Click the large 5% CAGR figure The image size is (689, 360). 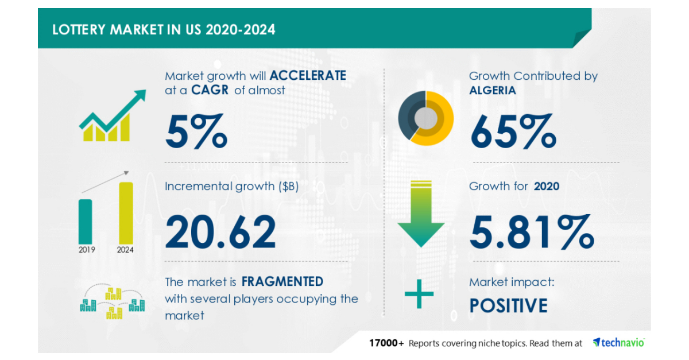[x=196, y=131]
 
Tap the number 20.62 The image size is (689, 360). [x=221, y=231]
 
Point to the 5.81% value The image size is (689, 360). [x=532, y=231]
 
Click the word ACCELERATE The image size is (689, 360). [x=308, y=75]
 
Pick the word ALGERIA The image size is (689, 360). [x=493, y=90]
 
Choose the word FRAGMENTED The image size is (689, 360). [x=282, y=281]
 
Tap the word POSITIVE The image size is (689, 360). [x=509, y=305]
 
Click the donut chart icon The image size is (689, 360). [x=426, y=118]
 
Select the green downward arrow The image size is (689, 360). [x=421, y=215]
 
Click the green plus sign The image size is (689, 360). [x=419, y=295]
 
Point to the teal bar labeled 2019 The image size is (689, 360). [x=85, y=220]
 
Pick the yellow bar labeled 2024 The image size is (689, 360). [x=126, y=212]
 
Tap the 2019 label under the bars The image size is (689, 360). [x=87, y=250]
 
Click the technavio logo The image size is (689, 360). [x=618, y=343]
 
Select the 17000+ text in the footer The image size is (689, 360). [x=386, y=343]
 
